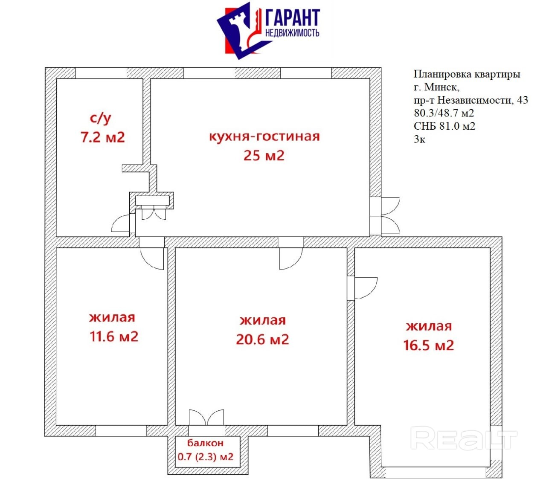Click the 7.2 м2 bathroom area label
tap(103, 137)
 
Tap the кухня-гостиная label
tap(264, 136)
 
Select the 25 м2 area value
tap(264, 156)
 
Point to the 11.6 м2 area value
tap(114, 337)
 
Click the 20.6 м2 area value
tap(262, 340)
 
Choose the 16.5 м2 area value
tap(429, 345)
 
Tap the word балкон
tap(205, 443)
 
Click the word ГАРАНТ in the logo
tap(293, 17)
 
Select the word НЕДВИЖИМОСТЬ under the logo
tap(293, 33)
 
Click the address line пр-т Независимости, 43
tap(471, 100)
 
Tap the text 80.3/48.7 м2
tap(444, 113)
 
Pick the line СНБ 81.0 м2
tap(444, 126)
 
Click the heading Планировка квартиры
tap(467, 74)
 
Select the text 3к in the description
tap(420, 139)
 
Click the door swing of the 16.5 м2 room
tap(366, 288)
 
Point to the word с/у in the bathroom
tap(100, 119)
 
